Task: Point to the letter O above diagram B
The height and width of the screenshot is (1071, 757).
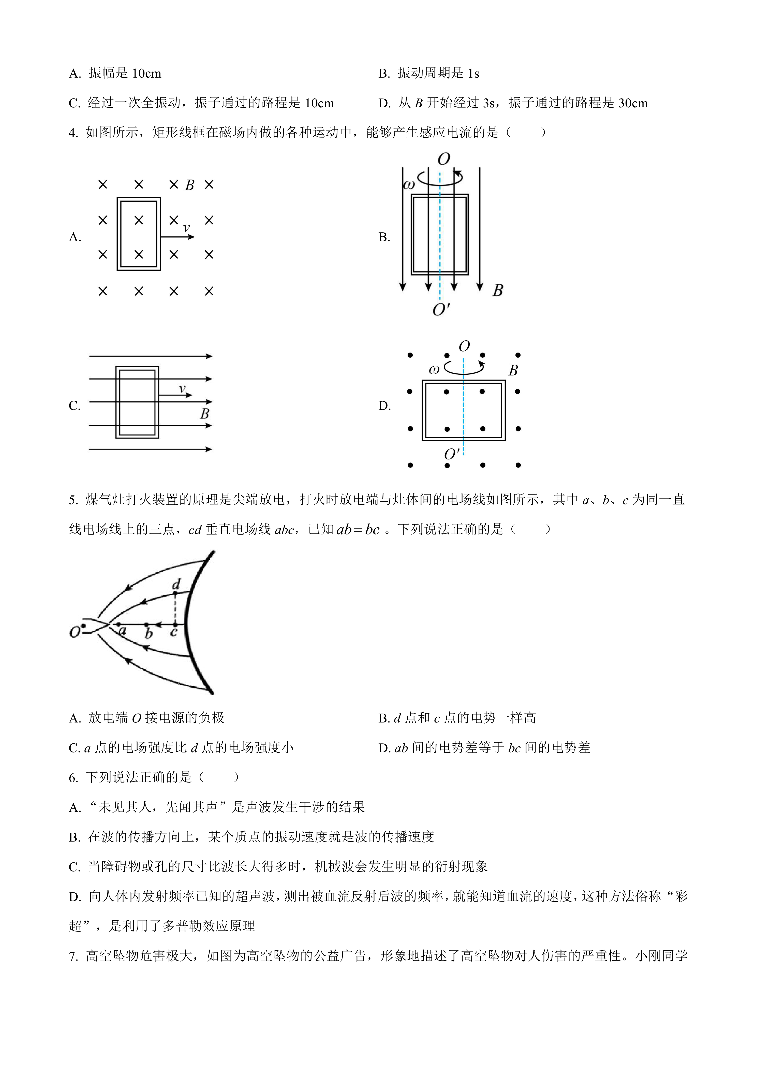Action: [x=444, y=160]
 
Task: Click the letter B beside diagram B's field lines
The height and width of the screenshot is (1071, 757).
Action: [x=498, y=291]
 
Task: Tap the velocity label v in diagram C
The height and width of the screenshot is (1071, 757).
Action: [x=182, y=388]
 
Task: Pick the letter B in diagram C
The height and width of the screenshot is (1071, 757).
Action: [x=205, y=414]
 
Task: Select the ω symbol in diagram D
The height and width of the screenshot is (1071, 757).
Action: [x=434, y=370]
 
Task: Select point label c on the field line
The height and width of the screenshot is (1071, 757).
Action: [x=173, y=632]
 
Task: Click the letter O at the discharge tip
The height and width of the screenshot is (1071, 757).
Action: [x=75, y=632]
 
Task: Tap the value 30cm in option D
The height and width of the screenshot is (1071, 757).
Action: [x=633, y=103]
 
